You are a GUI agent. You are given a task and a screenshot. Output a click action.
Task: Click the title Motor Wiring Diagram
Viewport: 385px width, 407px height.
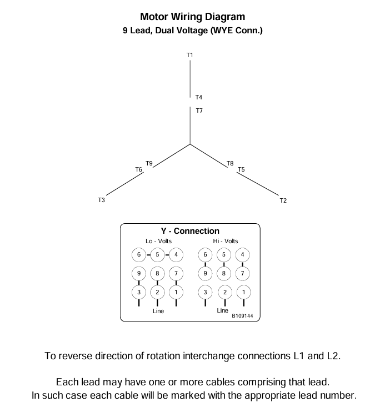(192, 17)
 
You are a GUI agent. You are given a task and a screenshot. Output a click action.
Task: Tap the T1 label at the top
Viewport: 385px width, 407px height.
(190, 55)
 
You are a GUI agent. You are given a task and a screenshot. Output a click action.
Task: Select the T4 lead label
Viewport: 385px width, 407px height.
(199, 97)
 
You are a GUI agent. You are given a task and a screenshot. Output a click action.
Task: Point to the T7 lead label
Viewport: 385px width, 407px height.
(199, 110)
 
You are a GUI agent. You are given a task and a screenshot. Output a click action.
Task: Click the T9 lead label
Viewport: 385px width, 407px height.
(149, 163)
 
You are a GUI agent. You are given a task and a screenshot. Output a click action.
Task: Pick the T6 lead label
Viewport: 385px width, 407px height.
(138, 169)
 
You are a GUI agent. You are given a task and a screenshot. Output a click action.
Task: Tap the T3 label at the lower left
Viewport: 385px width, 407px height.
(101, 200)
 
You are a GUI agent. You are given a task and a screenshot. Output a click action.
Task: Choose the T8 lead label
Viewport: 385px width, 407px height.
(230, 163)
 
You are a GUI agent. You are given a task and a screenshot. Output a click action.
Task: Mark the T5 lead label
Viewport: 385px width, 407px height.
(241, 169)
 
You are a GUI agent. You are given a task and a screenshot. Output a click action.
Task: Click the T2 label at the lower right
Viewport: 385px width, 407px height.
(283, 200)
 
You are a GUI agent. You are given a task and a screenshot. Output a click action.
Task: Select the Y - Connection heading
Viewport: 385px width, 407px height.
(190, 231)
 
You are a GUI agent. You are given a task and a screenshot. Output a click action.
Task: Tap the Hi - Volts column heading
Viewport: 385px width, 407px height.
(225, 241)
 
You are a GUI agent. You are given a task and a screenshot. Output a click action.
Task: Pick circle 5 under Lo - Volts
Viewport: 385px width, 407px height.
(157, 255)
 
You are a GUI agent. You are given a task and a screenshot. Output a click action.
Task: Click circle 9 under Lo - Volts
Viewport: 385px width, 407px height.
(139, 273)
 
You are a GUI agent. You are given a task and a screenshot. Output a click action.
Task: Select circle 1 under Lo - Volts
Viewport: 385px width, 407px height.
(176, 292)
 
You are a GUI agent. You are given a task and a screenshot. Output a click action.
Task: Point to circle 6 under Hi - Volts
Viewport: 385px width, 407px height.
(206, 255)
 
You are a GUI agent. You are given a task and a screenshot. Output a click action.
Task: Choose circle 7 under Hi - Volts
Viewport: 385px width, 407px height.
(242, 273)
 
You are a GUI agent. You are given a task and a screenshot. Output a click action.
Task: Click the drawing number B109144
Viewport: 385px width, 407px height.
(243, 315)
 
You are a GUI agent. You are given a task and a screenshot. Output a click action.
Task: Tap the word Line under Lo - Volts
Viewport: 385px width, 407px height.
(158, 311)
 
